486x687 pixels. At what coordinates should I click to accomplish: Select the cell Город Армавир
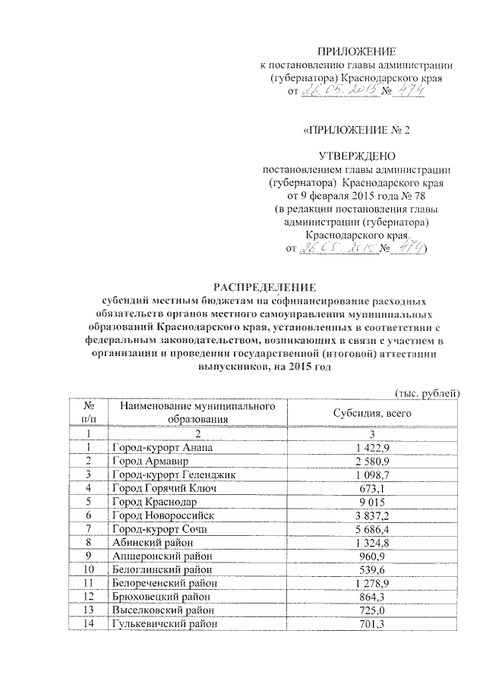[x=145, y=461]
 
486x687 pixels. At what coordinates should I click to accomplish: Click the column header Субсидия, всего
[x=357, y=413]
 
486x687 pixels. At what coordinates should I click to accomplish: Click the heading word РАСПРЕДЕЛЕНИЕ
[x=263, y=286]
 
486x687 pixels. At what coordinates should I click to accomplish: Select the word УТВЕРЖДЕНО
[x=356, y=156]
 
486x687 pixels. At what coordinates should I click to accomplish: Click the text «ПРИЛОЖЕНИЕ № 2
[x=356, y=130]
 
